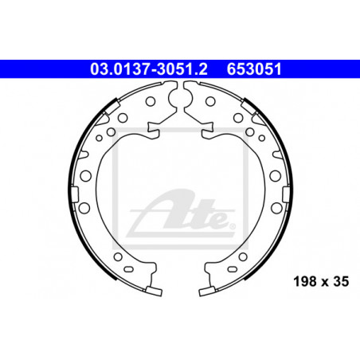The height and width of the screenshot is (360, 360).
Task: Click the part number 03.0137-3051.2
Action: tap(149, 69)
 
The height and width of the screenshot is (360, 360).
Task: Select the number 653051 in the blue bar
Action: tap(254, 69)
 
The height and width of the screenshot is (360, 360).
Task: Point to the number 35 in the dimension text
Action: tap(341, 281)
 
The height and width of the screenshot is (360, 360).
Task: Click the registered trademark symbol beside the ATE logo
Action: tap(232, 226)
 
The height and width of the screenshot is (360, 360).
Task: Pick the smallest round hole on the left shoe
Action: tap(99, 138)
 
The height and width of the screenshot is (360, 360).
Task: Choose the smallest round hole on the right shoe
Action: tap(262, 138)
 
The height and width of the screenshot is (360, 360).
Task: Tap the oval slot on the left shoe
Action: tap(129, 269)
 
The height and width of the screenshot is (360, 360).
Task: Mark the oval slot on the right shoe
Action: tap(232, 269)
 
